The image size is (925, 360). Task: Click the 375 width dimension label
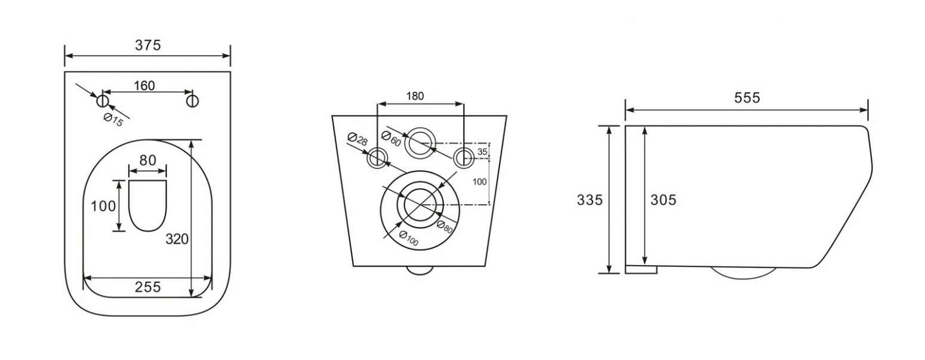click(x=148, y=45)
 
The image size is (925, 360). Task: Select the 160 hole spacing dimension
click(x=144, y=85)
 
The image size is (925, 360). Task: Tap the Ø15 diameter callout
click(x=113, y=120)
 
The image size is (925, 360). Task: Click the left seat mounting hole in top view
click(x=103, y=100)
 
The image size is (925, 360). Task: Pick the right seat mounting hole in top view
click(x=192, y=101)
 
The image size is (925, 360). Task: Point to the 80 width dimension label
click(x=148, y=160)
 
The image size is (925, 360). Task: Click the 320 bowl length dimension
click(x=177, y=239)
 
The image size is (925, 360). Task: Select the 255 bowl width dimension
click(x=148, y=287)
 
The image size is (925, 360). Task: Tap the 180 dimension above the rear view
click(x=415, y=96)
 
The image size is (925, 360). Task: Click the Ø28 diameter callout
click(x=357, y=139)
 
